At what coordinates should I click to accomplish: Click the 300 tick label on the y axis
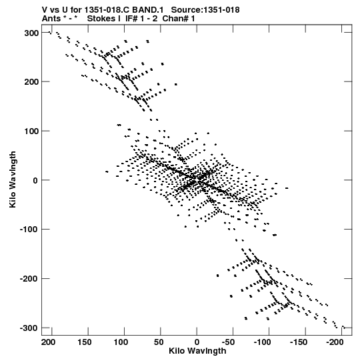pyautogui.click(x=31, y=33)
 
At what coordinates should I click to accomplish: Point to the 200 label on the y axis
pyautogui.click(x=31, y=82)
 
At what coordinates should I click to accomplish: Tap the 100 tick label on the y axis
pyautogui.click(x=31, y=131)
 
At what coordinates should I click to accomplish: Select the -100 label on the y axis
pyautogui.click(x=29, y=230)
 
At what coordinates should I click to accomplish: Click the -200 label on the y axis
pyautogui.click(x=29, y=279)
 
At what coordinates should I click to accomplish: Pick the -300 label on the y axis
pyautogui.click(x=29, y=328)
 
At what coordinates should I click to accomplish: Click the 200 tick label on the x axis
pyautogui.click(x=49, y=342)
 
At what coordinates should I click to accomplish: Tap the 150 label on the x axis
pyautogui.click(x=85, y=342)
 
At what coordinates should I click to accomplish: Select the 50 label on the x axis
pyautogui.click(x=159, y=342)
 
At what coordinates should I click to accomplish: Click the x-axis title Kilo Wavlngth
pyautogui.click(x=197, y=351)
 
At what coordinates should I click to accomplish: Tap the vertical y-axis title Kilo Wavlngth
pyautogui.click(x=13, y=179)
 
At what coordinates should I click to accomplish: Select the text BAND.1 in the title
pyautogui.click(x=148, y=10)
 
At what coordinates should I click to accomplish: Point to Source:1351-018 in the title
pyautogui.click(x=205, y=10)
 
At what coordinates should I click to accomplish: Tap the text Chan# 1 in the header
pyautogui.click(x=179, y=19)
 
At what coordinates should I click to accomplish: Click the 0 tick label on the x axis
pyautogui.click(x=197, y=342)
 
